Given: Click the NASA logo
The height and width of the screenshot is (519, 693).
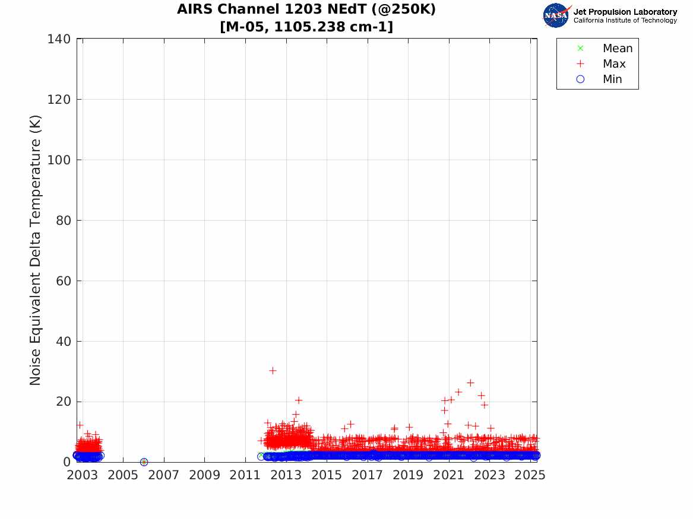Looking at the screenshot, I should click(556, 15).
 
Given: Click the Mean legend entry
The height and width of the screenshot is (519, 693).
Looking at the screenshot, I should click(617, 48).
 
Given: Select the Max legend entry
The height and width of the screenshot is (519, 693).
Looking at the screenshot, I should click(613, 63).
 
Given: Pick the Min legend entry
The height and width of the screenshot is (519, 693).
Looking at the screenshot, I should click(612, 79).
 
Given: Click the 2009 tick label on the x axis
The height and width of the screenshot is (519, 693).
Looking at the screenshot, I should click(204, 475).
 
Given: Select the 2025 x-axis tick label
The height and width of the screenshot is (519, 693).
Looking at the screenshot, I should click(530, 475).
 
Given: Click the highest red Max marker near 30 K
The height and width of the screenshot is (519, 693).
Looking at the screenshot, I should click(273, 370).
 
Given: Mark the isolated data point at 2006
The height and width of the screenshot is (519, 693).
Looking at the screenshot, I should click(144, 462).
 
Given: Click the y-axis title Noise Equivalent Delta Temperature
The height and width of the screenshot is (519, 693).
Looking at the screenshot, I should click(36, 250).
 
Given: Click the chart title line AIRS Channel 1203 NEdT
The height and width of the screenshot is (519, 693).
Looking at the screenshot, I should click(306, 10).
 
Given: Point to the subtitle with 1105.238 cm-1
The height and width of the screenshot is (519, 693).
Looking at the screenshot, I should click(306, 27).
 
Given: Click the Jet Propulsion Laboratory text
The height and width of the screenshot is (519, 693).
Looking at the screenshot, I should click(625, 11).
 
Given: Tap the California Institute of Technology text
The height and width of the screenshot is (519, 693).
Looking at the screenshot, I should click(625, 21).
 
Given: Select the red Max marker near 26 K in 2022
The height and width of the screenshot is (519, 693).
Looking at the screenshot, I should click(470, 383).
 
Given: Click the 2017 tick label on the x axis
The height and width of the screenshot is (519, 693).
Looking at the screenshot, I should click(367, 475).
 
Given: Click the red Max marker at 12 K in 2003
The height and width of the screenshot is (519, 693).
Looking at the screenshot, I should click(80, 425).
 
